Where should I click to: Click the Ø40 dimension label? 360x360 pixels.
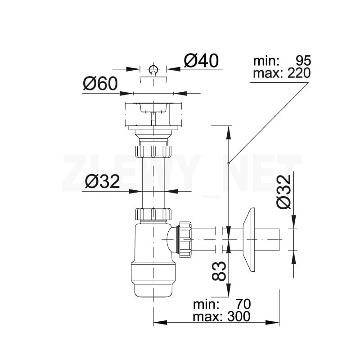[x=201, y=60]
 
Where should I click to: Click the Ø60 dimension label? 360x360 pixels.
[x=100, y=84]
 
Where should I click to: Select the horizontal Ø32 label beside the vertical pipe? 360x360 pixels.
[x=103, y=182]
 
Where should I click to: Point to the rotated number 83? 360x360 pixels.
[x=219, y=270]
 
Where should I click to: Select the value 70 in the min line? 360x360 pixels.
[x=241, y=304]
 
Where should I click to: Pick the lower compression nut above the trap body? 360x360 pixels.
[x=153, y=214]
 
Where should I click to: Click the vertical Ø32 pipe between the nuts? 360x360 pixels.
[x=153, y=182]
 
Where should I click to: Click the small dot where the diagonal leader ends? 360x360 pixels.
[x=229, y=163]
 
